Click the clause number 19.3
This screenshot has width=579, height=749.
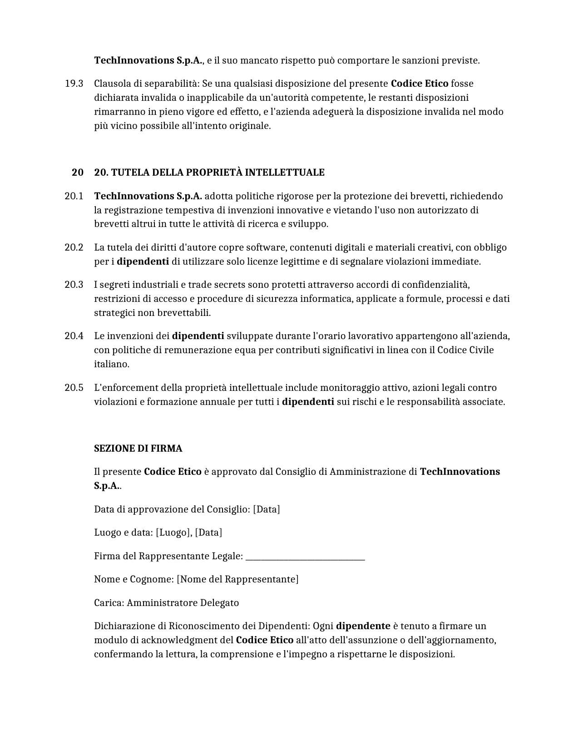[74, 84]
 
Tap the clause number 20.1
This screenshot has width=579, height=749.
[74, 196]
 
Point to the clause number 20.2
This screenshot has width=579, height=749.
[74, 247]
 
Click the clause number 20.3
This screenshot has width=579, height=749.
[74, 285]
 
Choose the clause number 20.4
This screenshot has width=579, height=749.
[74, 336]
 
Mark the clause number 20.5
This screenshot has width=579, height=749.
[74, 388]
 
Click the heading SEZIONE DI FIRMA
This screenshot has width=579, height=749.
[138, 448]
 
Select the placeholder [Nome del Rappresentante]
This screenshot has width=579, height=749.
[238, 579]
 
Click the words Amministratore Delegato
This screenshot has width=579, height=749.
[183, 603]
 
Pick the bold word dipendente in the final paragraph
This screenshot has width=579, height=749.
[363, 626]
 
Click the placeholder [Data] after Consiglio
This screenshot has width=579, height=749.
[267, 509]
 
